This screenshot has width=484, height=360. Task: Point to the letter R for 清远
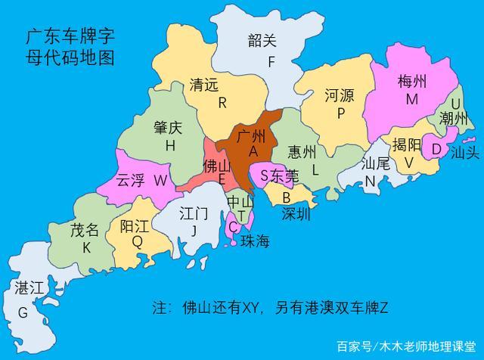(x=222, y=102)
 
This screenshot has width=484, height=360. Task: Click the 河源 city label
(x=340, y=95)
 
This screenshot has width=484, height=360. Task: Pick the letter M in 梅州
(x=411, y=99)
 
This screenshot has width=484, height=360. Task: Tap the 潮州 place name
(x=455, y=118)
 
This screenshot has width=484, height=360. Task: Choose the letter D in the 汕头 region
(x=436, y=149)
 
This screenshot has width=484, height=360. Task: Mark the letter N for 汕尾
(x=371, y=181)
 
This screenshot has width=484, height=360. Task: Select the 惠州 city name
(x=302, y=152)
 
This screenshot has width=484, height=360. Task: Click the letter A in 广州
(x=253, y=152)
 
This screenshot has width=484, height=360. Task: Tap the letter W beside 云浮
(x=160, y=180)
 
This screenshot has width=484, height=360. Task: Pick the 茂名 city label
(x=85, y=229)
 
